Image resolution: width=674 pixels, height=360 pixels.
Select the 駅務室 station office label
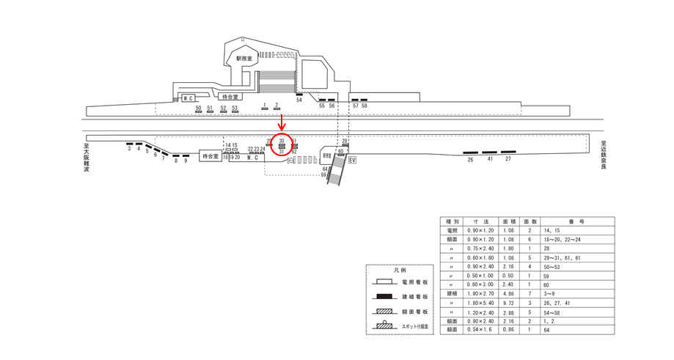243,58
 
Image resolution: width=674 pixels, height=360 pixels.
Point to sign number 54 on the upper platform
299,100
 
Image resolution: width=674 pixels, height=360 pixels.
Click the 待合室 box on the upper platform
230,96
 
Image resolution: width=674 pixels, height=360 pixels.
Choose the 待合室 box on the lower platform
210,156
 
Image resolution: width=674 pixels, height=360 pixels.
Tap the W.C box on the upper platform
188,98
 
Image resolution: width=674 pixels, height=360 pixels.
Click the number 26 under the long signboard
469,159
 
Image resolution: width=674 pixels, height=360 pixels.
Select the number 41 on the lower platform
489,159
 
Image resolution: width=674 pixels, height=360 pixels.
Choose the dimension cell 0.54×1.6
480,331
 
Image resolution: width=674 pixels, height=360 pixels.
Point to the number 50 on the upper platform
198,108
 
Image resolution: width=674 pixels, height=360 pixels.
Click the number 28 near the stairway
345,141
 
